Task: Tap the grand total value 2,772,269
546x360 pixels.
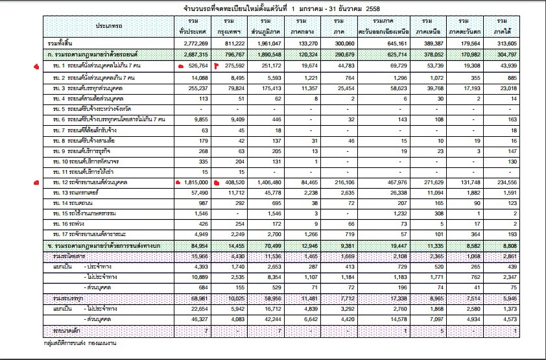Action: pos(194,42)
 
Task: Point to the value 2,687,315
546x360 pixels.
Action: pos(194,54)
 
